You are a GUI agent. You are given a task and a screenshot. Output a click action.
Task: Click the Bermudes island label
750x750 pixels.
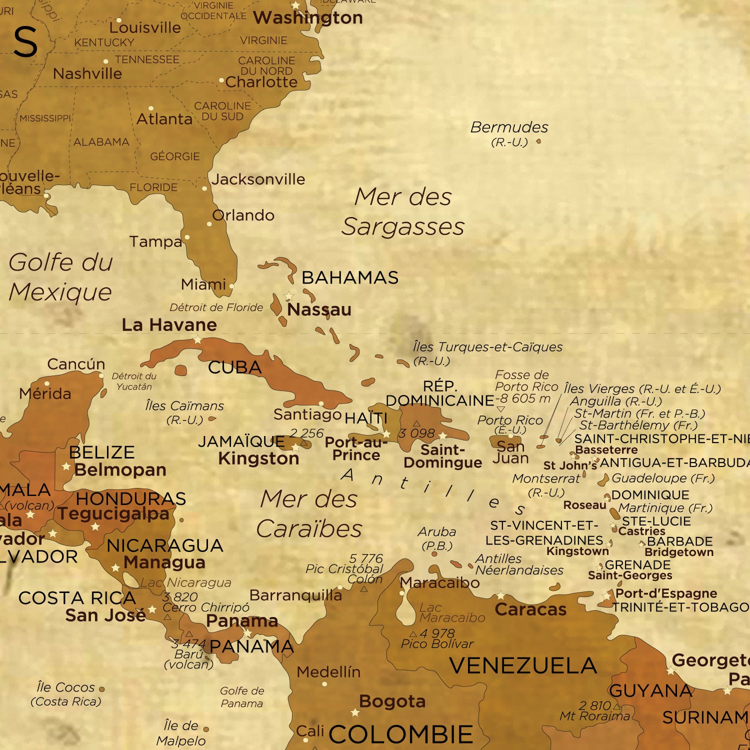[x=509, y=127]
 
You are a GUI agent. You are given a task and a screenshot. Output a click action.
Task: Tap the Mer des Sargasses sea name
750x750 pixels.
[x=403, y=211]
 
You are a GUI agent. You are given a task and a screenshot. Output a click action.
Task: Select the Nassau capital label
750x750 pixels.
[x=319, y=309]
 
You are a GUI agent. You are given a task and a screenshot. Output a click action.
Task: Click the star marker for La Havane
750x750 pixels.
[x=197, y=340]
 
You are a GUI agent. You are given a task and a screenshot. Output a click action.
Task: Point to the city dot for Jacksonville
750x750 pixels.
[x=204, y=188]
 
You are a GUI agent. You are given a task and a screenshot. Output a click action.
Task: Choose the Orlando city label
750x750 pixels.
[x=243, y=215]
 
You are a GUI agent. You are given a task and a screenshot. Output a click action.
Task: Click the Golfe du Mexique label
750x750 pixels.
[x=60, y=277]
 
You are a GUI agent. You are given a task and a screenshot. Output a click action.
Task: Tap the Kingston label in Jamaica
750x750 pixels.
[x=258, y=458]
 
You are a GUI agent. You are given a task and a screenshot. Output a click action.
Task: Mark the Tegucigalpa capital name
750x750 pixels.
[x=113, y=513]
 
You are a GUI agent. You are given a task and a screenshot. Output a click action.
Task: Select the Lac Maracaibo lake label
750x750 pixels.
[x=451, y=612]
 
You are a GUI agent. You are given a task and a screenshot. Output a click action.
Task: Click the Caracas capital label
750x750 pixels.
[x=530, y=609]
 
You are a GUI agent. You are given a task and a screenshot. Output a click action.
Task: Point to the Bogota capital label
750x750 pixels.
[x=392, y=701]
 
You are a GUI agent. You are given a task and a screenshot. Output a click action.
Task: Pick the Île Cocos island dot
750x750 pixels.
[x=102, y=689]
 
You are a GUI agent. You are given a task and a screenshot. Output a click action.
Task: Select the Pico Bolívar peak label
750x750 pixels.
[x=437, y=643]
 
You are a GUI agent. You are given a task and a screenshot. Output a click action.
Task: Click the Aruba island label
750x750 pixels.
[x=437, y=532]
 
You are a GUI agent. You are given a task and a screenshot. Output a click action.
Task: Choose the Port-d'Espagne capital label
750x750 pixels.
[x=666, y=593]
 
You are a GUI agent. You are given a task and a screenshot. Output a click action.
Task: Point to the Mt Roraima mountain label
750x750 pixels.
[x=594, y=716]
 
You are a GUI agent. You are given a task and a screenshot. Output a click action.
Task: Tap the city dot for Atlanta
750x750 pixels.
[x=151, y=108]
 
